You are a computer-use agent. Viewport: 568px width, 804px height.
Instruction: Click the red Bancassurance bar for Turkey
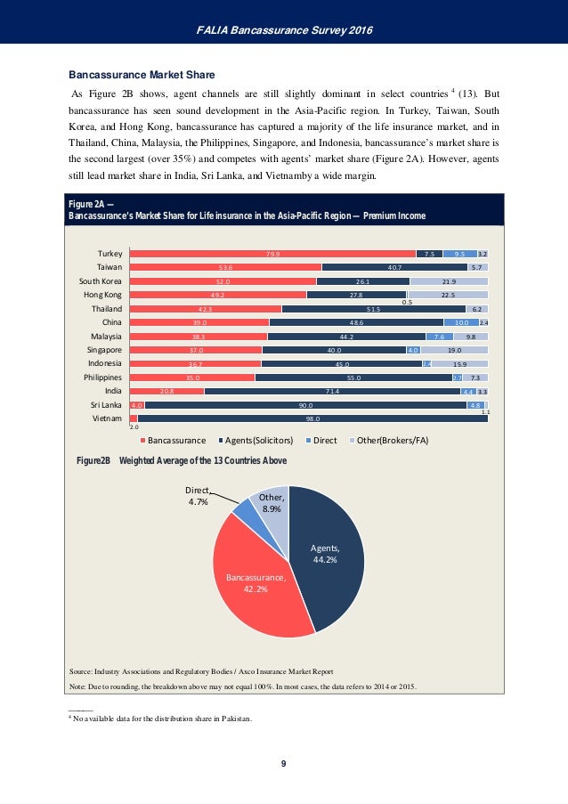pyautogui.click(x=272, y=254)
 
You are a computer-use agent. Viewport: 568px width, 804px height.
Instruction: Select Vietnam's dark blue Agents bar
pyautogui.click(x=312, y=418)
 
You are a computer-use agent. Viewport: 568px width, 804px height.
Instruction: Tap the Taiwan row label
pyautogui.click(x=109, y=267)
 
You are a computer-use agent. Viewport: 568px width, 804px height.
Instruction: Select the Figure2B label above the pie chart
pyautogui.click(x=93, y=460)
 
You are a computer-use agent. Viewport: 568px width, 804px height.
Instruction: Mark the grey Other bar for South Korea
pyautogui.click(x=449, y=281)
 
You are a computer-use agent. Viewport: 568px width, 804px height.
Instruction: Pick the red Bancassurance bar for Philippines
pyautogui.click(x=191, y=377)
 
